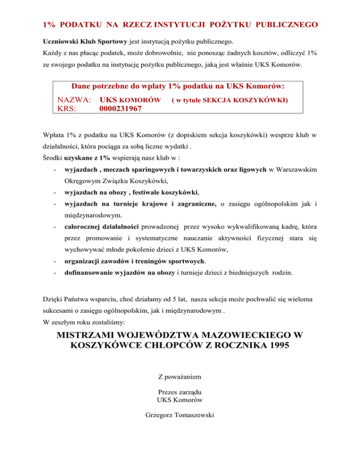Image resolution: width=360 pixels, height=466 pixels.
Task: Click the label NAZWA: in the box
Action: coord(75,100)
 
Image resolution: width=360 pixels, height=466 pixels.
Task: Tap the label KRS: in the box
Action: coord(67,109)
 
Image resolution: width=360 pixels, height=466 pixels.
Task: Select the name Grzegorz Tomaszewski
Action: coord(180,415)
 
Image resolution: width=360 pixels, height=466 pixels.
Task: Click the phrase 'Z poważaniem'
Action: coord(180,376)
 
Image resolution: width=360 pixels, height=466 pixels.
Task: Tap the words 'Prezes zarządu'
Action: coord(180,391)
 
